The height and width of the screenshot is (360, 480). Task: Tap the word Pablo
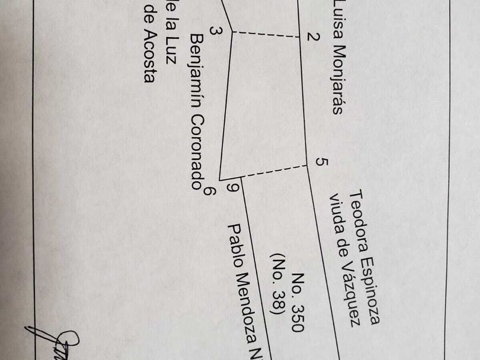[x=235, y=243]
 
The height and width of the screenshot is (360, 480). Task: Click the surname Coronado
[x=197, y=150]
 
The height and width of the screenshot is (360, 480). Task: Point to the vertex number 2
[x=313, y=37]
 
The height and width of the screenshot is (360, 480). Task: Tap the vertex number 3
[x=215, y=31]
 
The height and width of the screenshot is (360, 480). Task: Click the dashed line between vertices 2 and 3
[x=266, y=35]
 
